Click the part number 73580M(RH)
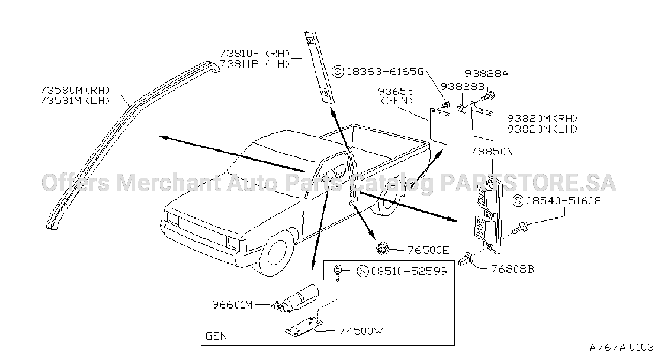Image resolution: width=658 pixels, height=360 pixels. click(x=75, y=90)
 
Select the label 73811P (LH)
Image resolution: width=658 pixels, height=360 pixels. click(x=254, y=64)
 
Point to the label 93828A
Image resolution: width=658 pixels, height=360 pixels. click(x=487, y=73)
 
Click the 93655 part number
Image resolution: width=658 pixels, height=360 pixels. click(x=396, y=91)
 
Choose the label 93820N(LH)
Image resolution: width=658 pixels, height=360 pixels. click(x=542, y=129)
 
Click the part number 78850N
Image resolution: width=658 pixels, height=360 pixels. click(x=491, y=152)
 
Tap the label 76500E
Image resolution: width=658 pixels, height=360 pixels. click(x=428, y=250)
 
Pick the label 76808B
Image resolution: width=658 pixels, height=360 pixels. click(x=513, y=269)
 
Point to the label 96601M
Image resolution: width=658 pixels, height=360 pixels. click(x=232, y=305)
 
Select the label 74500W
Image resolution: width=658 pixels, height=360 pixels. click(x=361, y=331)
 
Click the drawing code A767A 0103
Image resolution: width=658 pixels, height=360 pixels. click(x=622, y=347)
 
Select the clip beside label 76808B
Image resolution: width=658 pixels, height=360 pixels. click(x=466, y=259)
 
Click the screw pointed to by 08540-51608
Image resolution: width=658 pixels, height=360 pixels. click(x=521, y=228)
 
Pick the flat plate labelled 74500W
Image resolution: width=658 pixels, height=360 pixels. click(x=304, y=327)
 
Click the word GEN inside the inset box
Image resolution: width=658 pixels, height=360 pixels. click(x=216, y=336)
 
